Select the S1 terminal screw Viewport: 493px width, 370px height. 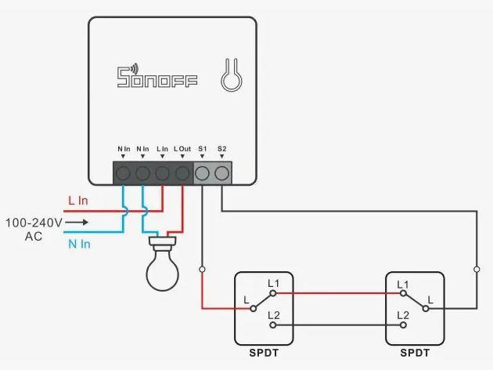pyautogui.click(x=202, y=173)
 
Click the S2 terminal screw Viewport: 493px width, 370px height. pyautogui.click(x=222, y=173)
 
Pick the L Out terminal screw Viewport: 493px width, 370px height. pyautogui.click(x=182, y=173)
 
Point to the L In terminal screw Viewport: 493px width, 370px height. pyautogui.click(x=162, y=173)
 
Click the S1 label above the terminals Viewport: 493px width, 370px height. pyautogui.click(x=202, y=149)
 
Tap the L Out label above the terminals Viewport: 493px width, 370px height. pyautogui.click(x=182, y=149)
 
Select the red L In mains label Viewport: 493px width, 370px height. pyautogui.click(x=78, y=201)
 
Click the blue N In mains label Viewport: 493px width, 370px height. pyautogui.click(x=79, y=244)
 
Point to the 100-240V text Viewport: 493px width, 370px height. pyautogui.click(x=34, y=223)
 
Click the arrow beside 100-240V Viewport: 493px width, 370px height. pyautogui.click(x=77, y=223)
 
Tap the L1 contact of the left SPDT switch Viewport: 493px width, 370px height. pyautogui.click(x=273, y=293)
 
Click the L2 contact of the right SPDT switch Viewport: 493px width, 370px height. pyautogui.click(x=403, y=325)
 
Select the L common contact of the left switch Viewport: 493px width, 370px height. pyautogui.click(x=253, y=309)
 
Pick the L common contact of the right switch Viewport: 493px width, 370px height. pyautogui.click(x=426, y=309)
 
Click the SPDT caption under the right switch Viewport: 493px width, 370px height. pyautogui.click(x=415, y=353)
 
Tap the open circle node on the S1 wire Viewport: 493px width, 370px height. pyautogui.click(x=202, y=270)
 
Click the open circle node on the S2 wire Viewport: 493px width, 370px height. pyautogui.click(x=477, y=270)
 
